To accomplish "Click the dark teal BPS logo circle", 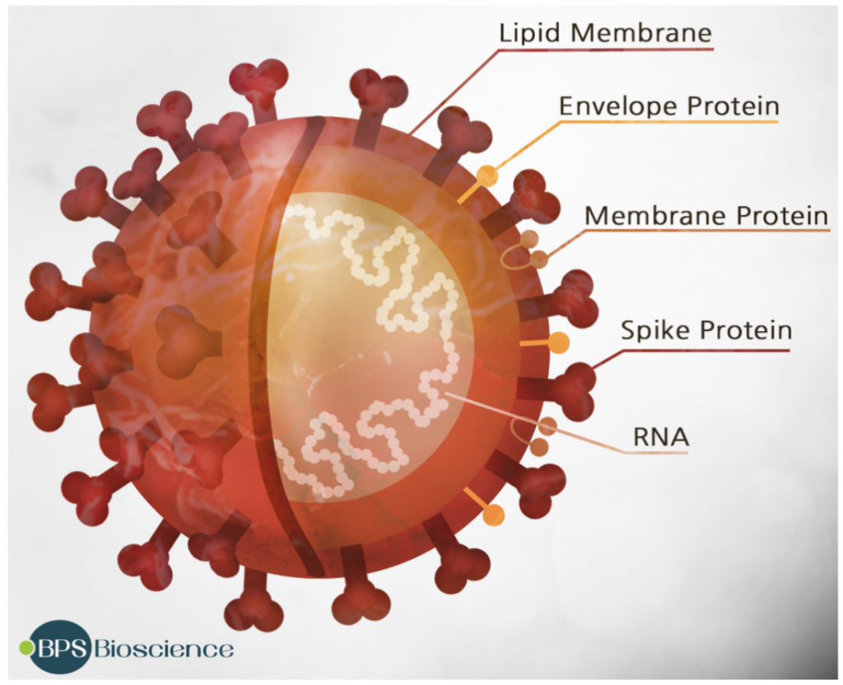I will pos(60,647).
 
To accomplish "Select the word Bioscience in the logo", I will pos(163,649).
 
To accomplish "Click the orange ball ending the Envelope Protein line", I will pos(487,175).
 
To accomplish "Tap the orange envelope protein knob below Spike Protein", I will pos(559,342).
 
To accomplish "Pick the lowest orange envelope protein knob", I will pos(494,515).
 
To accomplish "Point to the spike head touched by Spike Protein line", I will pos(576,387).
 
